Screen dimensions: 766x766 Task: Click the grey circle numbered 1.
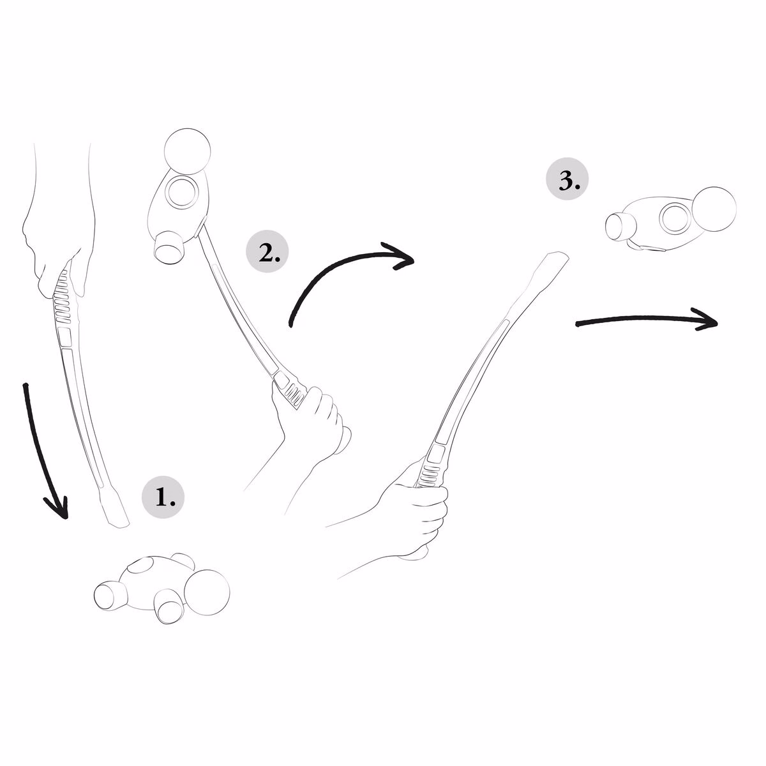coord(163,497)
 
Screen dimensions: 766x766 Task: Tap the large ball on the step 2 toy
coord(187,151)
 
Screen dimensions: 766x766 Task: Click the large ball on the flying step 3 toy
coord(714,209)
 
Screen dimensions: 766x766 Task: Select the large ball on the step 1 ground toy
coord(207,592)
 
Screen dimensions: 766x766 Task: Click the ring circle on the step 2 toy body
coord(181,193)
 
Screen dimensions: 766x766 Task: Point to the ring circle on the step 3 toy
coord(676,218)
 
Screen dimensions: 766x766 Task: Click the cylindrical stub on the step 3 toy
coord(620,226)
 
